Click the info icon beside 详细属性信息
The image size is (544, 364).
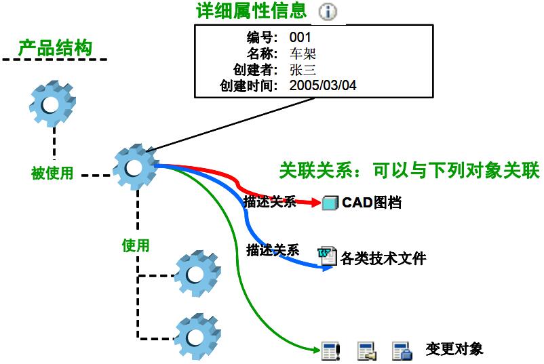328,12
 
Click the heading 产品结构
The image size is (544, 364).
55,48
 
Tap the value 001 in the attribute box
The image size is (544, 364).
300,37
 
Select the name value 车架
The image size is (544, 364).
303,54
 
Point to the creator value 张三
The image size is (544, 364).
303,70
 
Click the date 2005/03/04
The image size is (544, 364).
323,86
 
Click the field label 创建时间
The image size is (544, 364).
248,86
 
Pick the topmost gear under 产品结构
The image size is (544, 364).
52,104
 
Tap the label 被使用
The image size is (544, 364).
52,173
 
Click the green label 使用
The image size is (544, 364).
135,245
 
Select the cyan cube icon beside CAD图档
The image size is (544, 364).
330,202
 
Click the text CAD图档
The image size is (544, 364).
372,202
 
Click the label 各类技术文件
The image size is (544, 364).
383,258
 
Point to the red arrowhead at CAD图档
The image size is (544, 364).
314,202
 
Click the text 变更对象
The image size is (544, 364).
454,350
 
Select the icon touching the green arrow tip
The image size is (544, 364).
330,350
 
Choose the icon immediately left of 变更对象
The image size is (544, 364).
402,350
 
